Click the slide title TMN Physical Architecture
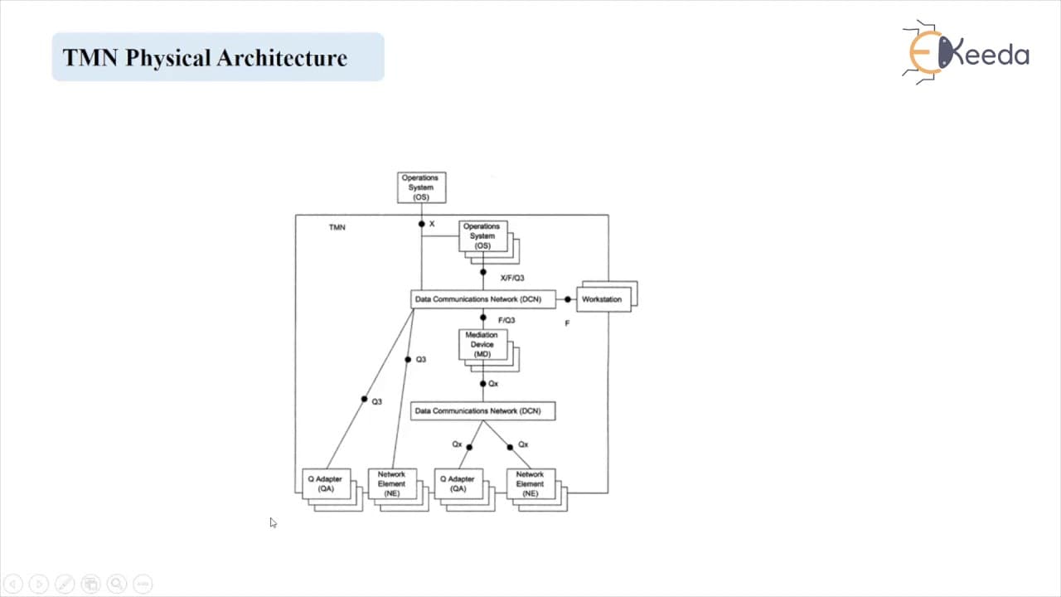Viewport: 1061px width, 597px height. (x=205, y=58)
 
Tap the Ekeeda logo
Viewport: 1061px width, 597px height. (x=967, y=52)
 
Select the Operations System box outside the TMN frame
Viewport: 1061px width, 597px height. (x=422, y=187)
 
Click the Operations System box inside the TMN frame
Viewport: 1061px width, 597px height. (x=482, y=236)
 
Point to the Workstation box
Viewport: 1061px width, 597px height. (x=603, y=299)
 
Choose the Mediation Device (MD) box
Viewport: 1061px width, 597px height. (x=482, y=344)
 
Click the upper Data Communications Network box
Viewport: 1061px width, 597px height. (x=483, y=299)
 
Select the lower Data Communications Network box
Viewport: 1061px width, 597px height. (x=483, y=410)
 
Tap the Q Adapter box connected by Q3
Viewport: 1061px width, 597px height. (x=327, y=483)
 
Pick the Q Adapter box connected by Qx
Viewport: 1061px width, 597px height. (x=458, y=483)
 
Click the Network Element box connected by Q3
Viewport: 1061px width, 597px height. (x=392, y=483)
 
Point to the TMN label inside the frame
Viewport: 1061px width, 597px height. (x=337, y=227)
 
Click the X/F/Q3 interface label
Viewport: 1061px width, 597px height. (x=512, y=278)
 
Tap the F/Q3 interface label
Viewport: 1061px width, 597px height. (x=506, y=320)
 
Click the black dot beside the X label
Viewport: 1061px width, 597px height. (x=422, y=224)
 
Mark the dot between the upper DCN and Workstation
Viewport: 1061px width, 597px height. (x=568, y=299)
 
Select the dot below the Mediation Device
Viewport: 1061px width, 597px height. (x=483, y=384)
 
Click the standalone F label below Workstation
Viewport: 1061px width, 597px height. (x=567, y=323)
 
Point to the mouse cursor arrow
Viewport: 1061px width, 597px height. (x=274, y=522)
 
